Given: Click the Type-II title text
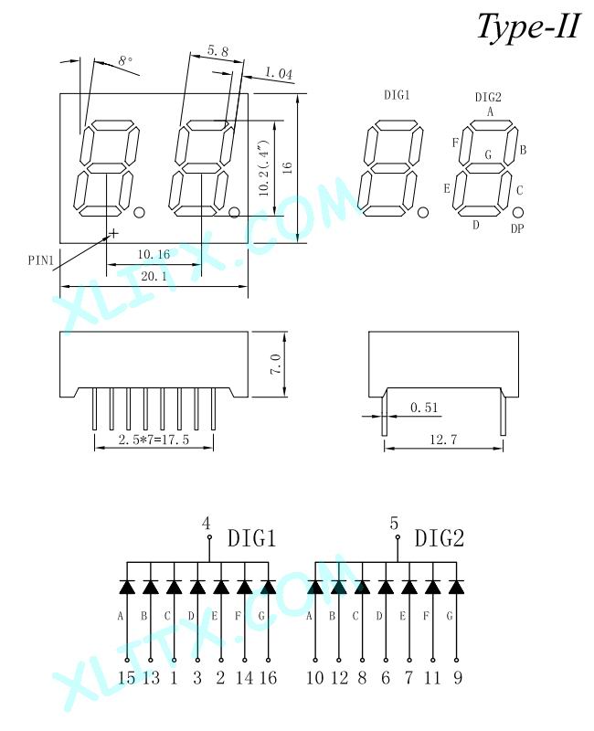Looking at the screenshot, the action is [529, 26].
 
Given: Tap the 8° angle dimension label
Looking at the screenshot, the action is [125, 61].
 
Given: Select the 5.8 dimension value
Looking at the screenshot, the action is [217, 51].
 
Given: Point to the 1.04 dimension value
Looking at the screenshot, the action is [279, 73].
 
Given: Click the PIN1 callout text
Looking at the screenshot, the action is [41, 260].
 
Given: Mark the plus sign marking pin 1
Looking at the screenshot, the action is [113, 233].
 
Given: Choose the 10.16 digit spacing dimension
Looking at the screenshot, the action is [154, 255].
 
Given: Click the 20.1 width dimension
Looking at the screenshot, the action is [154, 276].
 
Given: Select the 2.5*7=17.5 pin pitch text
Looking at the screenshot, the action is [154, 440].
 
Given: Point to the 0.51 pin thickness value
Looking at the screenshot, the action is [424, 408].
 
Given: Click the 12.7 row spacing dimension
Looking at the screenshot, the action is [443, 440].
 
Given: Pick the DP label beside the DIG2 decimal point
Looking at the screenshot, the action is [517, 228].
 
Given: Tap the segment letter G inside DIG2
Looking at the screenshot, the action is [488, 154].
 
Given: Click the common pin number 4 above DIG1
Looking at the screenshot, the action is [207, 524].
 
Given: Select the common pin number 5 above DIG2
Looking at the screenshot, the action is [395, 524].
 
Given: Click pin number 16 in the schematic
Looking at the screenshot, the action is [268, 677].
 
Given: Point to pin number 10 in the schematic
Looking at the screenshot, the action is [315, 677].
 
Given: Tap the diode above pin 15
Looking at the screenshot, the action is [127, 587].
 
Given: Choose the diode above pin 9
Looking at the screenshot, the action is [456, 587].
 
